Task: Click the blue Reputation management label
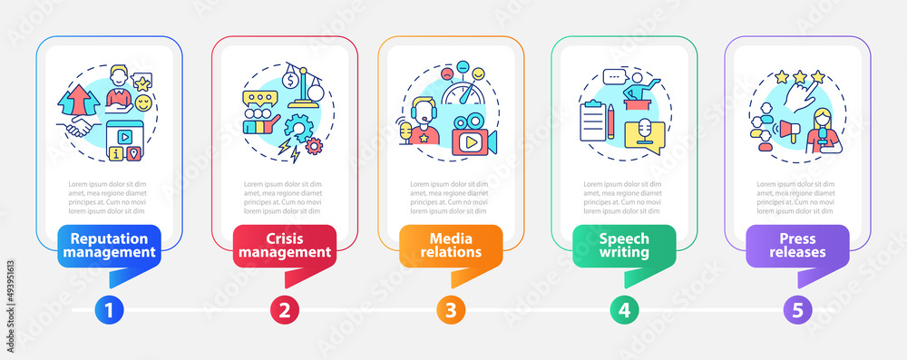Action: (x=109, y=245)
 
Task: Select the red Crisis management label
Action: (x=284, y=245)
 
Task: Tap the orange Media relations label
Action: (x=451, y=245)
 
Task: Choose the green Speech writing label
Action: (x=624, y=245)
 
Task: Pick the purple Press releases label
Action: (x=798, y=245)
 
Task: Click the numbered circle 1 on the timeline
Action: (x=109, y=310)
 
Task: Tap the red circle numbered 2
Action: (x=284, y=310)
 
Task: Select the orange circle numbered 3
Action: (x=451, y=310)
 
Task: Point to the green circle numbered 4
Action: (x=624, y=310)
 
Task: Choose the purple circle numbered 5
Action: (x=798, y=310)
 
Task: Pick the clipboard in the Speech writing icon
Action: (x=592, y=119)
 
